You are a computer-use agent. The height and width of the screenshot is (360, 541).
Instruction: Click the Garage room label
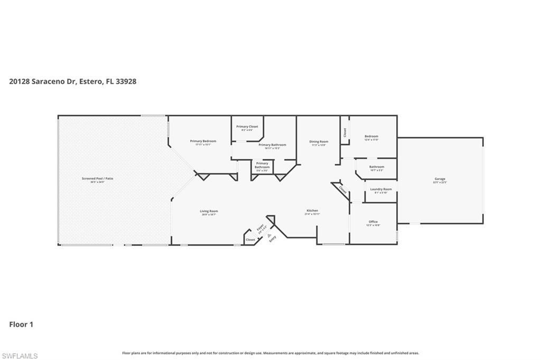point(440,179)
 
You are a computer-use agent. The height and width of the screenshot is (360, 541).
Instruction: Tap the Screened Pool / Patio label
point(97,179)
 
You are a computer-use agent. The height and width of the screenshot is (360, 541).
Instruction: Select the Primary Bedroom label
point(203,141)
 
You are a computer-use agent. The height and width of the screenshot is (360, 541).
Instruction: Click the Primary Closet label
point(247,127)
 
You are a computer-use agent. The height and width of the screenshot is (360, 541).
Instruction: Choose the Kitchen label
point(312,211)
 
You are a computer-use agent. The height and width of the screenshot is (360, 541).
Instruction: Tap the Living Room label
point(209,211)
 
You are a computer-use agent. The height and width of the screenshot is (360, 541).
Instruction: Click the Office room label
point(373,222)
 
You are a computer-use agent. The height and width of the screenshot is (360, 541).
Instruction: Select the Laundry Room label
point(380,189)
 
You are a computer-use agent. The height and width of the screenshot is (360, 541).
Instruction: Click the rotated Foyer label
point(260,228)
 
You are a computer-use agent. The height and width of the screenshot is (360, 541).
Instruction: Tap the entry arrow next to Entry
point(269,235)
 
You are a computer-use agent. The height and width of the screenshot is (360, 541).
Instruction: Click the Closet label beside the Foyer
point(250,240)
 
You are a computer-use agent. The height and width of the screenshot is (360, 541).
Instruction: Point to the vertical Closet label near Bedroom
point(344,132)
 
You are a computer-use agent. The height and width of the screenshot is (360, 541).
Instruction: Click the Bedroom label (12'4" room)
point(371,136)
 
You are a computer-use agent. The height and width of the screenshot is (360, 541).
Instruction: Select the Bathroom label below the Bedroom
point(377,167)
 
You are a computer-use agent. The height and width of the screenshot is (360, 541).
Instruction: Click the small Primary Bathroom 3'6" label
point(262,166)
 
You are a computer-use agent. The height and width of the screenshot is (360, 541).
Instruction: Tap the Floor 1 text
point(21,325)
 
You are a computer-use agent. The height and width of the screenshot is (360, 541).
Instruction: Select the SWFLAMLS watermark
point(20,356)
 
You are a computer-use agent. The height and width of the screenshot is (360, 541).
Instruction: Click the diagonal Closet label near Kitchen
point(342,190)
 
